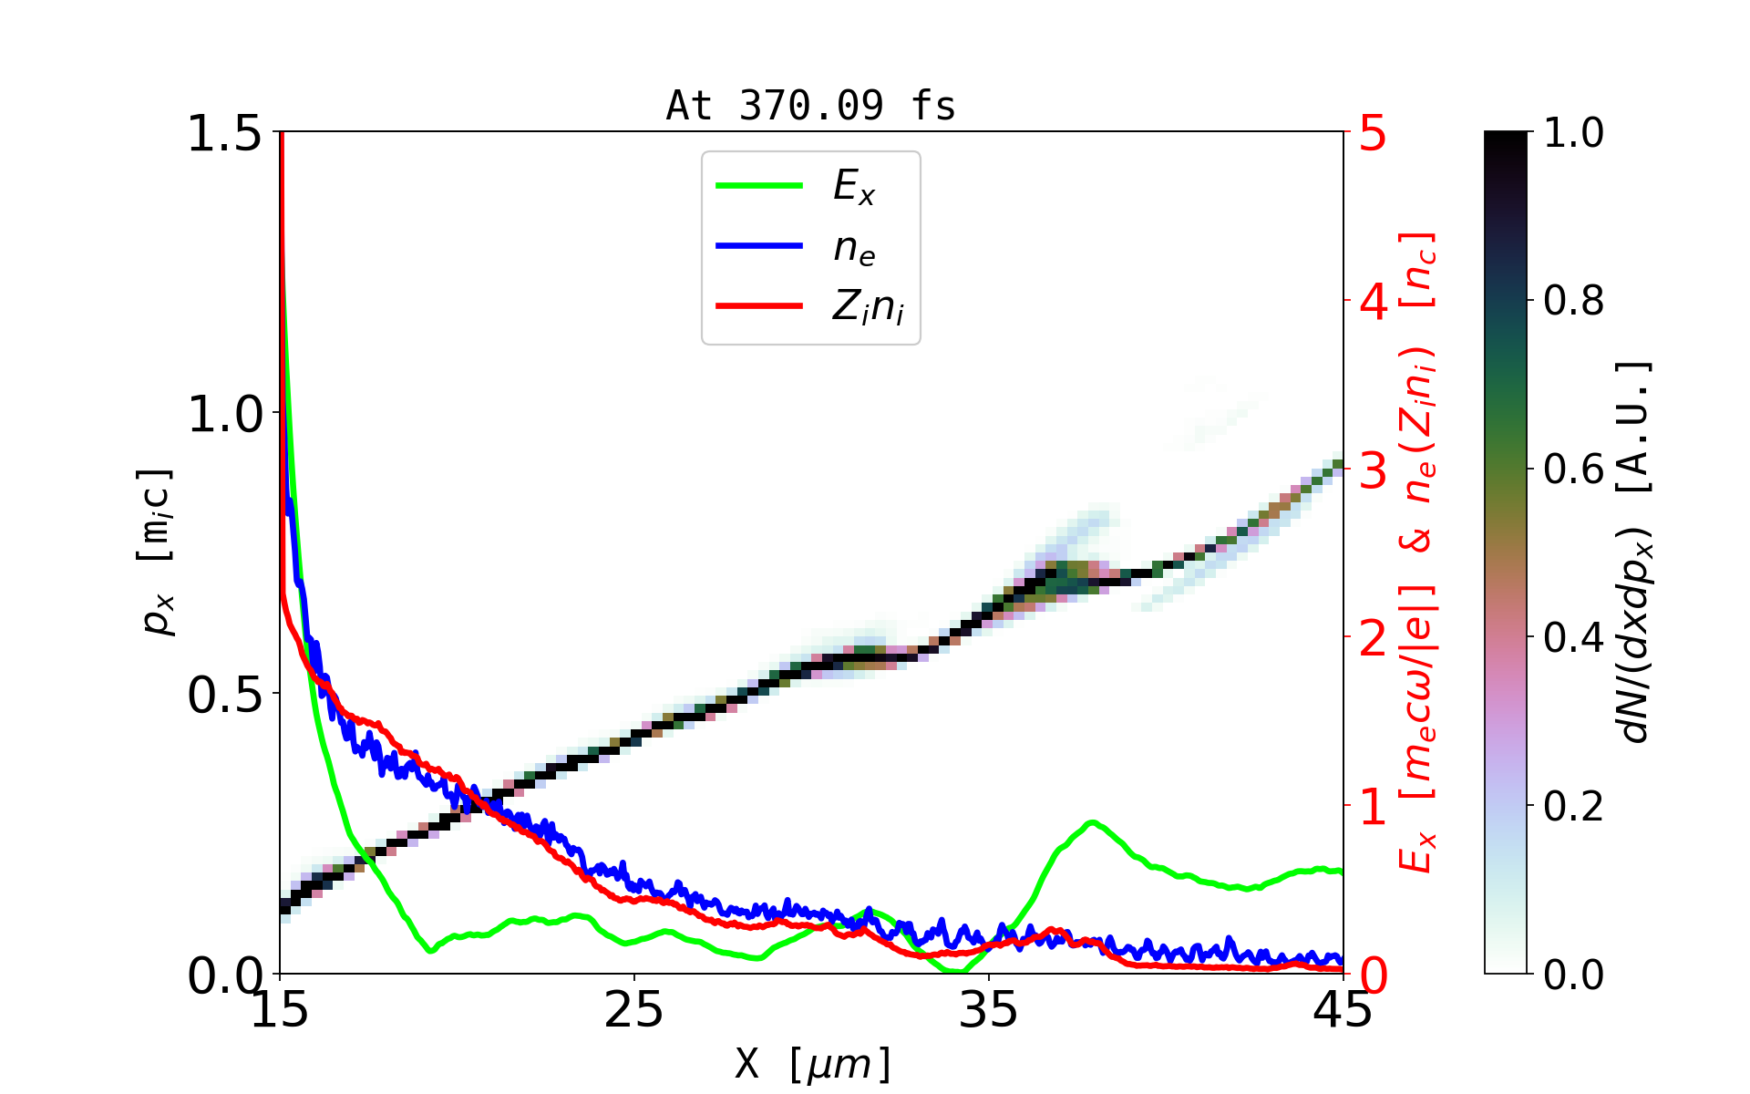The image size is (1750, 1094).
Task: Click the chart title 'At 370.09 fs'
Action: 810,107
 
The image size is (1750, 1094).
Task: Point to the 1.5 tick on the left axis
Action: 224,133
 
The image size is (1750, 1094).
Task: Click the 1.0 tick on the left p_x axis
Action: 224,414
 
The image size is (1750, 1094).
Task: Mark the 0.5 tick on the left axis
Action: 224,695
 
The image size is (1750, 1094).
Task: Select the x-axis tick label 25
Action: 634,1010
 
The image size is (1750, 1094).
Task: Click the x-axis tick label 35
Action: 989,1010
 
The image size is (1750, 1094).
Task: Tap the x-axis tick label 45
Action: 1343,1010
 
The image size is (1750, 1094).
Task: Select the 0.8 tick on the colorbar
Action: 1573,300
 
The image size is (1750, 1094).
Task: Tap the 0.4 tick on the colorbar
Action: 1573,637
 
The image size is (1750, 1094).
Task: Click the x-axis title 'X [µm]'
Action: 813,1063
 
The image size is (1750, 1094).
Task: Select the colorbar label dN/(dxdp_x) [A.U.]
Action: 1637,552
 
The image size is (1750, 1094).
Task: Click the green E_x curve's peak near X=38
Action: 1091,822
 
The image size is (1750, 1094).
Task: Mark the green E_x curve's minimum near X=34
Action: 955,971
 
